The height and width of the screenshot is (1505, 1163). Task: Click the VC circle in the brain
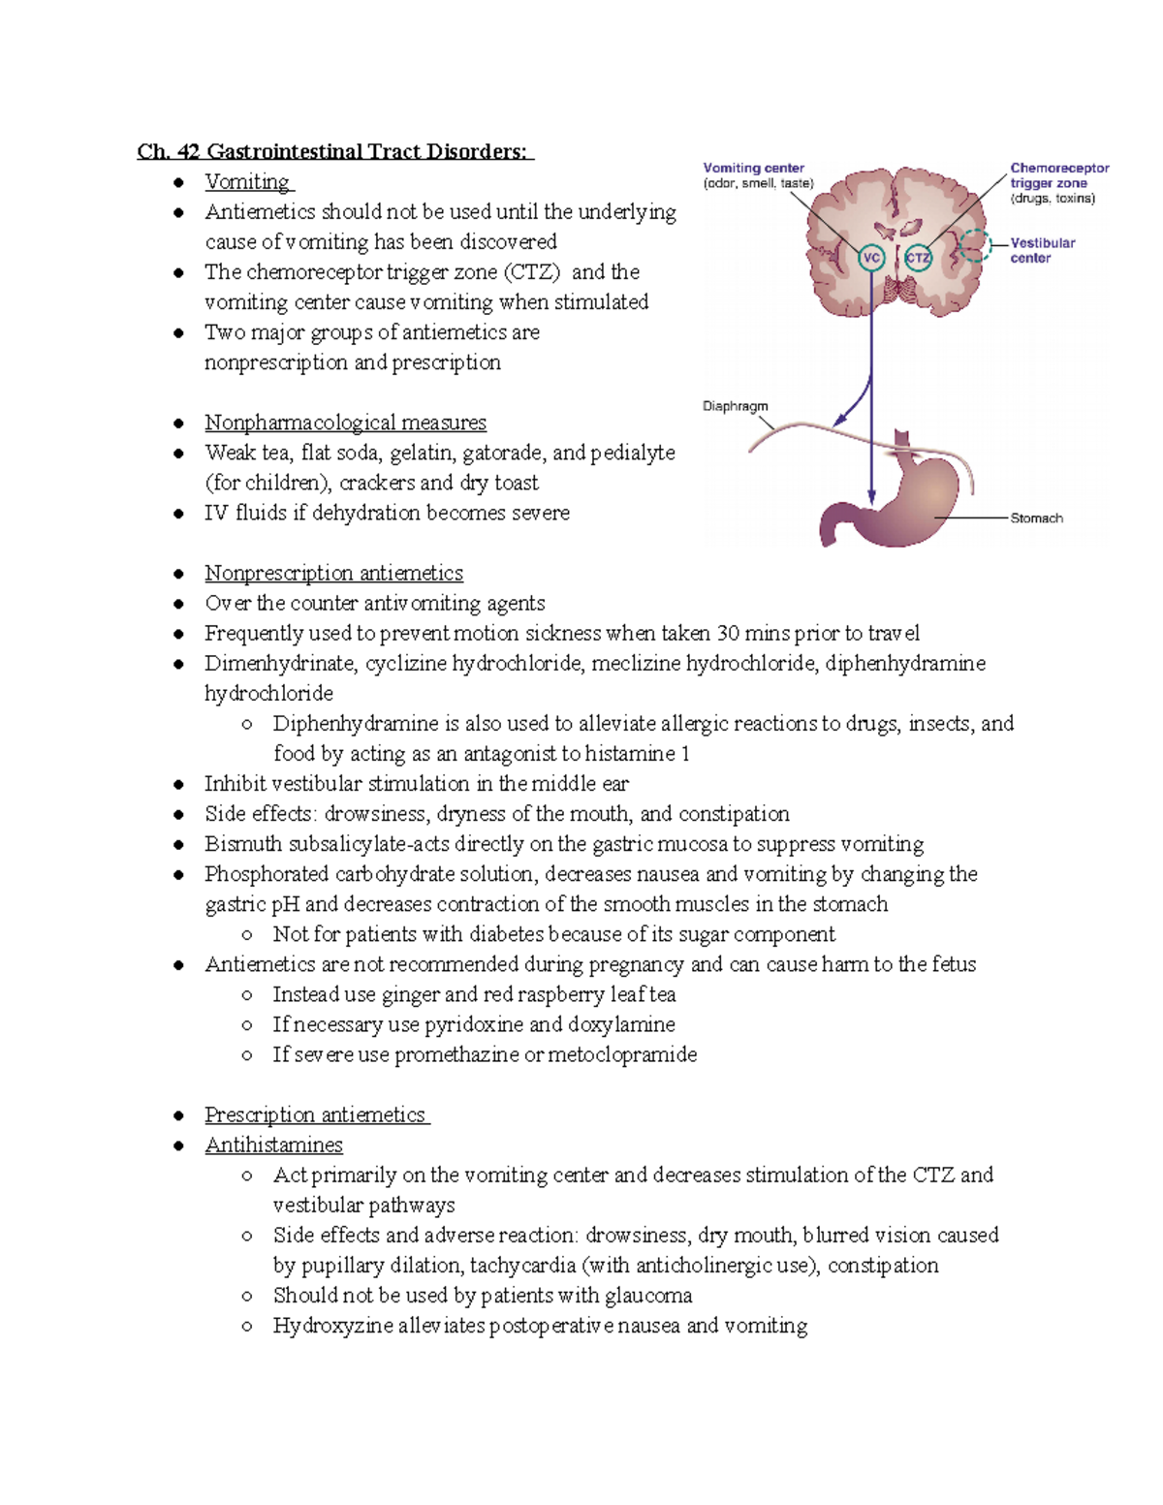[871, 258]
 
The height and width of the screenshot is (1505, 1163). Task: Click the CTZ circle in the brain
[917, 258]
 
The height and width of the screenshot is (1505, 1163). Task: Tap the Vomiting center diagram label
[753, 168]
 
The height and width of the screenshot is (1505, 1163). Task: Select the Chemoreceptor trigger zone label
[1058, 175]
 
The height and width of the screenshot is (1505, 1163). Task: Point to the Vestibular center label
[1042, 250]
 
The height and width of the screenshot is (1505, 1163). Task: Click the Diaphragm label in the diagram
[735, 406]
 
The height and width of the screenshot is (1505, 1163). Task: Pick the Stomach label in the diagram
[1036, 518]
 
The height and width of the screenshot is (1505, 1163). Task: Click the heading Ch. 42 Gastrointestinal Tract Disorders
[334, 151]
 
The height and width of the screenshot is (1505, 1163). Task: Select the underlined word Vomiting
[247, 182]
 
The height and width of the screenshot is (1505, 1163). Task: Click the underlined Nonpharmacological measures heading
[345, 423]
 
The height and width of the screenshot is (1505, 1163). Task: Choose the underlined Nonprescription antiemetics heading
[333, 573]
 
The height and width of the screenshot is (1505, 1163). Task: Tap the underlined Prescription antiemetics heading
[315, 1114]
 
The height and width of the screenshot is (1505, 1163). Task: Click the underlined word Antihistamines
[273, 1144]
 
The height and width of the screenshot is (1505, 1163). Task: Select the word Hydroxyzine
[332, 1325]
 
